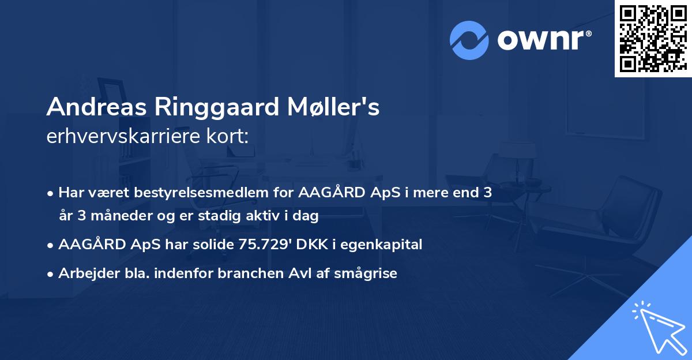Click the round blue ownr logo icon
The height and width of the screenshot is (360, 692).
(x=469, y=40)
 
